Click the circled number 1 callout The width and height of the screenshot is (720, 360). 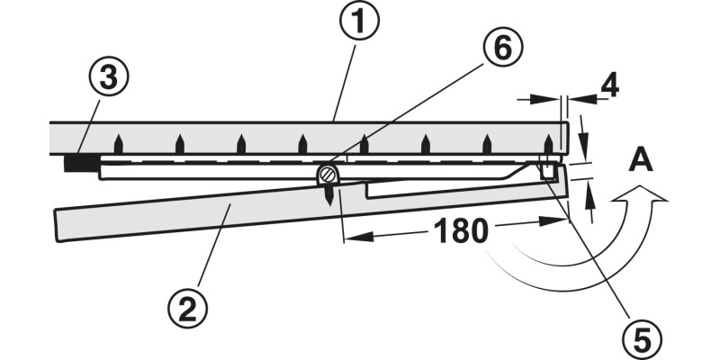click(x=359, y=20)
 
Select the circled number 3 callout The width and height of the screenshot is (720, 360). click(x=108, y=76)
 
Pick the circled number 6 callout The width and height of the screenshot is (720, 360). click(x=502, y=47)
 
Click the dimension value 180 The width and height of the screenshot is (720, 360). click(x=461, y=230)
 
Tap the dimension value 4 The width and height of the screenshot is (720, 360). click(x=609, y=85)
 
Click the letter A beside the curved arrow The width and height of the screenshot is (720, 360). click(x=641, y=161)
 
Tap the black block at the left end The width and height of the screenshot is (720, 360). click(x=82, y=163)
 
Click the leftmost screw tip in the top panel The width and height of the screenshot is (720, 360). click(x=119, y=143)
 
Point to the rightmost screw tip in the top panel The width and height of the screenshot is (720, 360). click(x=548, y=143)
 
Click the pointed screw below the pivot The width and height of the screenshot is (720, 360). click(x=328, y=195)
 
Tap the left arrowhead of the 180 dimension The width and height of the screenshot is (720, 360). click(x=356, y=237)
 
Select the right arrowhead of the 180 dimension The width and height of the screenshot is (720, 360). click(x=553, y=221)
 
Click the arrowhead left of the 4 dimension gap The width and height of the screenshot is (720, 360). click(x=545, y=98)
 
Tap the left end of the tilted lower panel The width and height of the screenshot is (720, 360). click(x=56, y=225)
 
